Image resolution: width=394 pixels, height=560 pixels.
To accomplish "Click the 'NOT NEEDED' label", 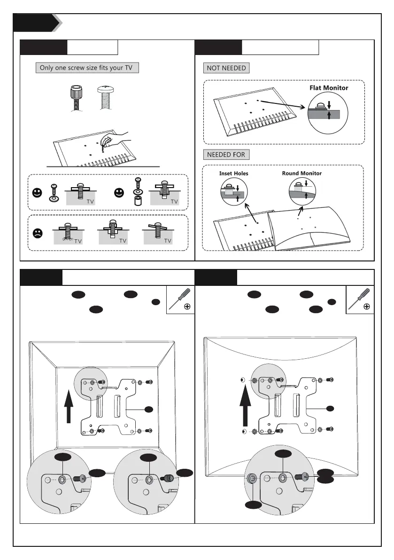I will pos(226,68).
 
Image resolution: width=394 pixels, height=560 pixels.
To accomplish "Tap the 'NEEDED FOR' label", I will pos(226,155).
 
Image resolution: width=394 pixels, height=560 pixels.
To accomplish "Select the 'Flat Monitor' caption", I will pos(329,87).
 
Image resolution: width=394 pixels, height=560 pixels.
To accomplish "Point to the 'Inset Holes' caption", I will pos(233,174).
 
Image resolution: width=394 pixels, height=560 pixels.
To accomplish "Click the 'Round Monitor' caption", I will pos(301,174).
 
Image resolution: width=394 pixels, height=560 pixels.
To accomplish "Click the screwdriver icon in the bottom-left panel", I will pos(181,300).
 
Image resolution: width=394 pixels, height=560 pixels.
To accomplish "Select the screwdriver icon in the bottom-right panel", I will pos(360,300).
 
